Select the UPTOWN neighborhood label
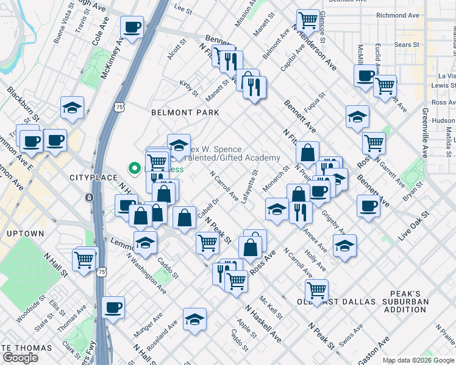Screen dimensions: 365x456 pyautogui.click(x=25, y=234)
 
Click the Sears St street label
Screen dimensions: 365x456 pyautogui.click(x=407, y=44)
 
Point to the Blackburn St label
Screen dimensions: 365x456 pyautogui.click(x=23, y=103)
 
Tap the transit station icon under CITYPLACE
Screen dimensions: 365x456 pyautogui.click(x=90, y=198)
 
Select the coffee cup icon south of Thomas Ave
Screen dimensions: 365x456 pyautogui.click(x=113, y=307)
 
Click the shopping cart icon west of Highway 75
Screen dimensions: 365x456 pyautogui.click(x=84, y=259)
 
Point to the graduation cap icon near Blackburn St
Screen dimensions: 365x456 pyautogui.click(x=72, y=108)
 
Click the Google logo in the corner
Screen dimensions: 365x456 pyautogui.click(x=20, y=358)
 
